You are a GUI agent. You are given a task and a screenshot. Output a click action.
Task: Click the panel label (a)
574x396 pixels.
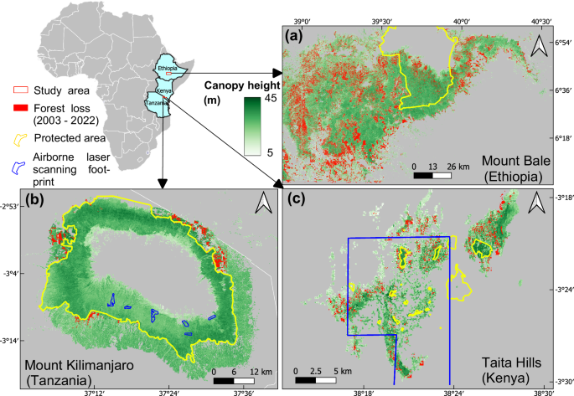click(x=296, y=37)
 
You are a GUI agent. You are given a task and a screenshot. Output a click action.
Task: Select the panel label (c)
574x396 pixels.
click(x=296, y=201)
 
